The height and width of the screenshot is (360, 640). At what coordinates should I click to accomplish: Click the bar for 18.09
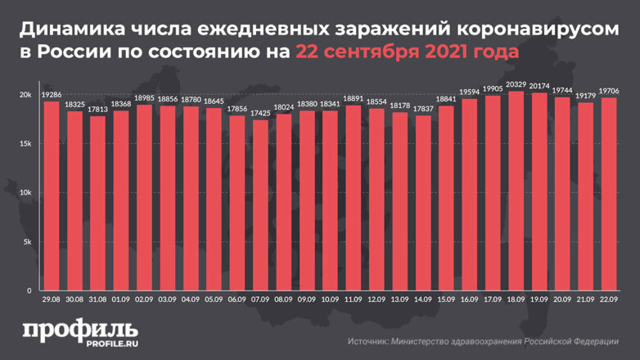click(x=516, y=191)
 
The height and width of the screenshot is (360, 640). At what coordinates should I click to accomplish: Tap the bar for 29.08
click(x=51, y=196)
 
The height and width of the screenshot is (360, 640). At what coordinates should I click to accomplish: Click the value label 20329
click(x=516, y=84)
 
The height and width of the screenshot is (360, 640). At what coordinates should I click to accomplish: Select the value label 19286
click(x=51, y=94)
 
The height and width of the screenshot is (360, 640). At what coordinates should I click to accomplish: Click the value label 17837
click(x=422, y=109)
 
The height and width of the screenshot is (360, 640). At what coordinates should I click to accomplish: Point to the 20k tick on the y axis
click(x=25, y=96)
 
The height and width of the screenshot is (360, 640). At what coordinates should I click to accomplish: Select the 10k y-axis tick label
click(x=25, y=193)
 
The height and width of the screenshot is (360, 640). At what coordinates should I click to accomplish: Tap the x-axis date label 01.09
click(x=120, y=300)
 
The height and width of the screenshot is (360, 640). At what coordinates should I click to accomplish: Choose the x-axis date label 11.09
click(x=353, y=300)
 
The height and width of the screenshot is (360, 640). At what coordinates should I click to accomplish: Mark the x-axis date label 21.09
click(x=585, y=300)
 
